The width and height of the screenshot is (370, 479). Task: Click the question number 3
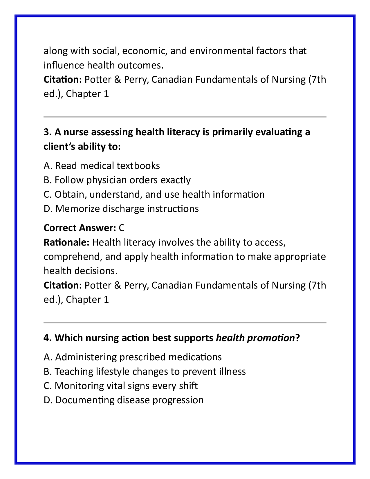coord(48,132)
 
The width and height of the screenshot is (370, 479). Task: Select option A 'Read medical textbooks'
coord(102,166)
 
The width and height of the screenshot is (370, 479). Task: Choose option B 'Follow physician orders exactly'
coord(117,180)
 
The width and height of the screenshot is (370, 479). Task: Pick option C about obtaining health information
coord(154,194)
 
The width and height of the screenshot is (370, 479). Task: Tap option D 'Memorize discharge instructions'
coord(121,209)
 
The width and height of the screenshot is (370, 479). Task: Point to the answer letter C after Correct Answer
coord(122,228)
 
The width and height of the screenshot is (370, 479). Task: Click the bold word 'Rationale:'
coord(66,242)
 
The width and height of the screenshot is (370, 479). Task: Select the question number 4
coord(48,338)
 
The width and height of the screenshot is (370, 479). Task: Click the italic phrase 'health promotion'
coord(255,338)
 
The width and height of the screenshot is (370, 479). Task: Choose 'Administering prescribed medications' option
coord(133,357)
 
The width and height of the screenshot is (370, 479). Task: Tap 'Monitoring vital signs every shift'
coord(120,386)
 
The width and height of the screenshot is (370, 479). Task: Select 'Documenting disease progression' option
coord(123,400)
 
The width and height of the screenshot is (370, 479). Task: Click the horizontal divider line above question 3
coord(185,117)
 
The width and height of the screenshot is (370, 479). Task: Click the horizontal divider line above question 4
coord(185,323)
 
